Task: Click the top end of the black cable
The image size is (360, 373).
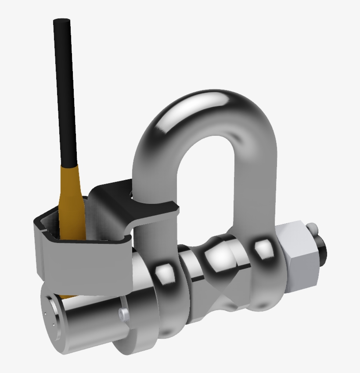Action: click(x=62, y=21)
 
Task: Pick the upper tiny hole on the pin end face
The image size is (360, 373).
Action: click(x=45, y=314)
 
